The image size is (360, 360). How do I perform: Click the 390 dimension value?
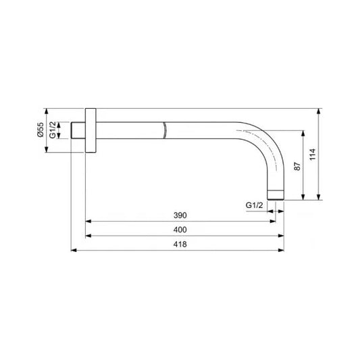coord(180,215)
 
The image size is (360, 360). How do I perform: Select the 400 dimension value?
coord(180,230)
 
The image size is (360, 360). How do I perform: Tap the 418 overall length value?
coord(180,245)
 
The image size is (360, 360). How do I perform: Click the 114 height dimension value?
coord(311,156)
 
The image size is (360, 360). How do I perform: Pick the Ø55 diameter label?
coord(41,130)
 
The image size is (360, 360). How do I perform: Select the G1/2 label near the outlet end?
coord(254,205)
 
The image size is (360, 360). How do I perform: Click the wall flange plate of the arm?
coord(92,130)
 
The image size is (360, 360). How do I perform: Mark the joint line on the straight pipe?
coord(164,130)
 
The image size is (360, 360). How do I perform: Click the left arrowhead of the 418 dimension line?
coord(74,251)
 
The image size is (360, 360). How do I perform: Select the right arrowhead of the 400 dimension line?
coord(280,236)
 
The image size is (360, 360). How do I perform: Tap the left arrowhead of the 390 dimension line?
coord(89,221)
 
